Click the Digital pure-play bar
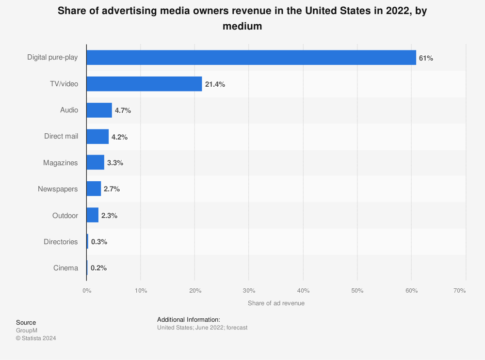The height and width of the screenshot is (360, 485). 251,58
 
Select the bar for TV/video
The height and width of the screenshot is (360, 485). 144,84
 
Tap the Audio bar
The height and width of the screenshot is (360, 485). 99,110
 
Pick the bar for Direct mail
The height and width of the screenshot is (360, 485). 97,137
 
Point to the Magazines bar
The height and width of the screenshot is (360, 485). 95,163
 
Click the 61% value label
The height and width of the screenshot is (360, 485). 426,58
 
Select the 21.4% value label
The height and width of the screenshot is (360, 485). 215,84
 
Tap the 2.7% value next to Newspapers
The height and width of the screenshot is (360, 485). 112,189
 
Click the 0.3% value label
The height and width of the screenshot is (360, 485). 99,242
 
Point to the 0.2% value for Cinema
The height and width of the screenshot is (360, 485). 98,268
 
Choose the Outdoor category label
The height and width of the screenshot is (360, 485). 65,216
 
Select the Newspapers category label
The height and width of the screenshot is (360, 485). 58,189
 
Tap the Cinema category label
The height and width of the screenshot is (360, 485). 65,268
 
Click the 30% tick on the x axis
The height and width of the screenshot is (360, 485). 249,291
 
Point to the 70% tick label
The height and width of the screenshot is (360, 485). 459,291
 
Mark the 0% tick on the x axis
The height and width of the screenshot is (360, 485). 87,291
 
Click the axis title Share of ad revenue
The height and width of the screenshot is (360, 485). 276,303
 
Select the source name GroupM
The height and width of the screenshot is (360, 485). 27,330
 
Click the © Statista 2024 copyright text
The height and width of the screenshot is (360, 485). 36,338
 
